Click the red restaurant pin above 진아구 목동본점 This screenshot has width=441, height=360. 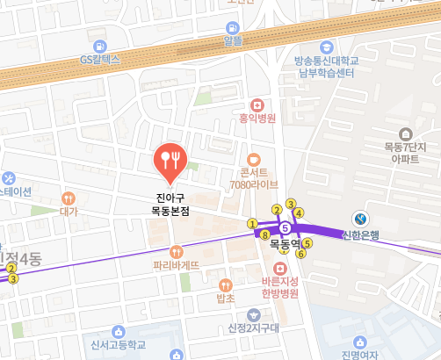[168, 159]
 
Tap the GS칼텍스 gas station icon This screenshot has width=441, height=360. [98, 44]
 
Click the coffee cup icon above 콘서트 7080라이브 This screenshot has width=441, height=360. [253, 160]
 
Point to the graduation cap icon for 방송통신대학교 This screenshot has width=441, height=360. [327, 47]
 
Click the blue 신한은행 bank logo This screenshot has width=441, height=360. [360, 218]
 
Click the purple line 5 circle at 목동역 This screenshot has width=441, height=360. [285, 226]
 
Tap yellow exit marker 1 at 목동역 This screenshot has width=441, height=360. [253, 223]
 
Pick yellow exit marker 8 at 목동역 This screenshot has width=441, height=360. [264, 234]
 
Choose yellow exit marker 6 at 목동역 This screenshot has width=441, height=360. [300, 254]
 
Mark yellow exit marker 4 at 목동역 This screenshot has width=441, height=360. [299, 212]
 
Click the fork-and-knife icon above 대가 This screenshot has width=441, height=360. [69, 197]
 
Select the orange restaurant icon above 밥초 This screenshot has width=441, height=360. [225, 284]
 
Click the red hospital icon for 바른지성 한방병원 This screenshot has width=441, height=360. [280, 267]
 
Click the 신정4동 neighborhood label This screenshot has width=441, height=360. [21, 259]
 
